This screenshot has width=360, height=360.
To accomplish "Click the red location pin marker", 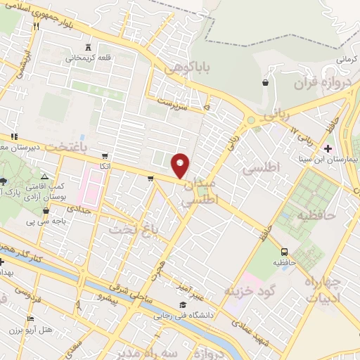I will click(x=181, y=165).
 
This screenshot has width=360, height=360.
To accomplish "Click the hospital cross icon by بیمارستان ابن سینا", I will click(x=328, y=148).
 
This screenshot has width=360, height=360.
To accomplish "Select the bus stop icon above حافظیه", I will click(x=284, y=252).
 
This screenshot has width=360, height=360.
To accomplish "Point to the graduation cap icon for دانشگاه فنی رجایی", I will click(x=183, y=304).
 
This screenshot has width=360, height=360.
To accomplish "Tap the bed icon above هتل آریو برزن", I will click(x=29, y=319).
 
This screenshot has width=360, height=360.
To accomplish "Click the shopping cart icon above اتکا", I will click(x=105, y=155).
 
